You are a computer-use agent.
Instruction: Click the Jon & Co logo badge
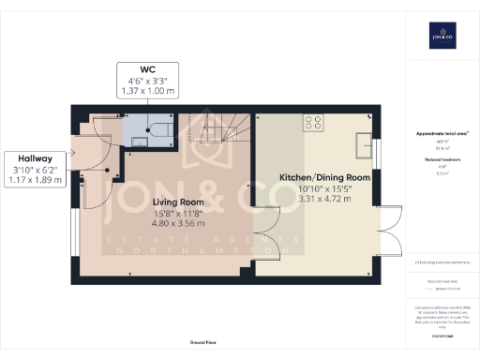coord(442,35)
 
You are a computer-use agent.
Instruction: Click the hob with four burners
coord(311,123)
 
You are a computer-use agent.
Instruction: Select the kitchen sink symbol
coord(363,143)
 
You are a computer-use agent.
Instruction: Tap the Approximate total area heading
coord(441,134)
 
